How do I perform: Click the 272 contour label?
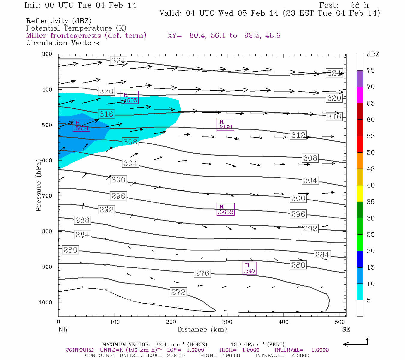click(x=178, y=292)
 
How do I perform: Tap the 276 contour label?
click(x=202, y=273)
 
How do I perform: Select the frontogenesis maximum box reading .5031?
click(x=81, y=125)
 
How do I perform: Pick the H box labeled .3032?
click(x=225, y=209)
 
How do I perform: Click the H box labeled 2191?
click(x=225, y=124)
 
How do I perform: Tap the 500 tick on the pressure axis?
click(x=47, y=125)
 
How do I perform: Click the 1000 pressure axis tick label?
click(x=46, y=302)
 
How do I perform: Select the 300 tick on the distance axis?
click(x=227, y=322)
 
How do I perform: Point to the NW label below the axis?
click(x=63, y=329)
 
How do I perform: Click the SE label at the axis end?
click(x=346, y=329)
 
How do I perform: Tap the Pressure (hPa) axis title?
click(x=38, y=188)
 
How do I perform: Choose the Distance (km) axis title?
click(x=202, y=329)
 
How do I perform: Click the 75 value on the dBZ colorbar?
click(x=370, y=70)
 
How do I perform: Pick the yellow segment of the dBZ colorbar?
click(x=360, y=193)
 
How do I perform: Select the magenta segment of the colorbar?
click(x=360, y=95)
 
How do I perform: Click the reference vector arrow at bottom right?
click(x=355, y=343)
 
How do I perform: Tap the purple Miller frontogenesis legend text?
click(x=86, y=36)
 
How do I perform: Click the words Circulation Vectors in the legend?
click(x=62, y=43)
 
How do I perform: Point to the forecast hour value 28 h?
click(x=359, y=5)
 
